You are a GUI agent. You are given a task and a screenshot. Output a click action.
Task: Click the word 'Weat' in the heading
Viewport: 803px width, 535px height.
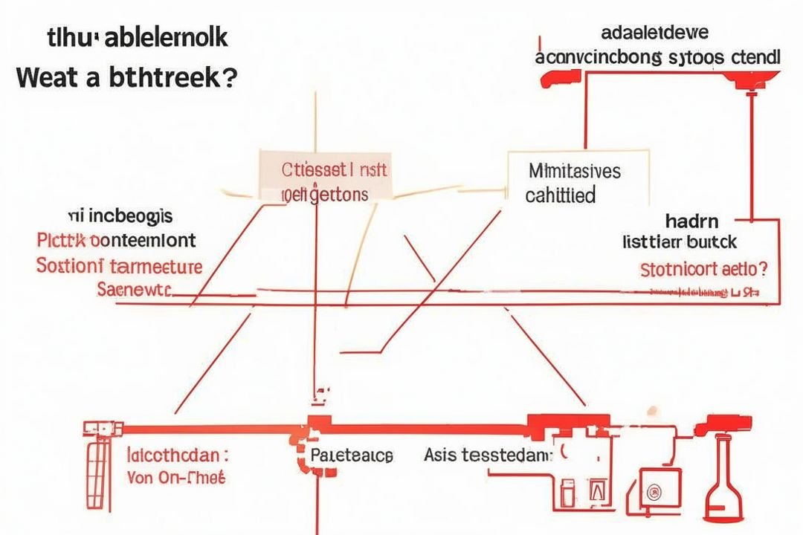click(x=46, y=77)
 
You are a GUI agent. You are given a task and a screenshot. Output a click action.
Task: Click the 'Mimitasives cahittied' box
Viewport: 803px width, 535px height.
click(x=574, y=183)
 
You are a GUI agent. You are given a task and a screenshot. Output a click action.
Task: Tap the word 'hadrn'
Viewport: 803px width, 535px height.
click(x=692, y=221)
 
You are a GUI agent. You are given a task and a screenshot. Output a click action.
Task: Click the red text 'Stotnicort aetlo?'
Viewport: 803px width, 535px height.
click(x=703, y=268)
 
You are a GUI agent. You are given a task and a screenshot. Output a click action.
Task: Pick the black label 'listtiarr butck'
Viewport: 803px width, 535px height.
click(x=680, y=241)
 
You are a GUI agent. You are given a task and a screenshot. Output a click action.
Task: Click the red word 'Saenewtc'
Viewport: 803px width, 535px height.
click(x=134, y=288)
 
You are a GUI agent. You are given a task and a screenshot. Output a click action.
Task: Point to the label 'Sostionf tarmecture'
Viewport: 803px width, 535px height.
click(x=119, y=265)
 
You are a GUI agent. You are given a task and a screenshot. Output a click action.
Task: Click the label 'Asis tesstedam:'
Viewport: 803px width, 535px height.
click(x=488, y=455)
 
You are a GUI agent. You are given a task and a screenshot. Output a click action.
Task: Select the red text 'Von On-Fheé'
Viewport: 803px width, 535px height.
click(x=176, y=477)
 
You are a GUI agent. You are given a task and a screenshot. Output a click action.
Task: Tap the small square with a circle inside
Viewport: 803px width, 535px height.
click(x=654, y=490)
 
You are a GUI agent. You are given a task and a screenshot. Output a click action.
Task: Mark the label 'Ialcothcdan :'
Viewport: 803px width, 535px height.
click(x=178, y=454)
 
